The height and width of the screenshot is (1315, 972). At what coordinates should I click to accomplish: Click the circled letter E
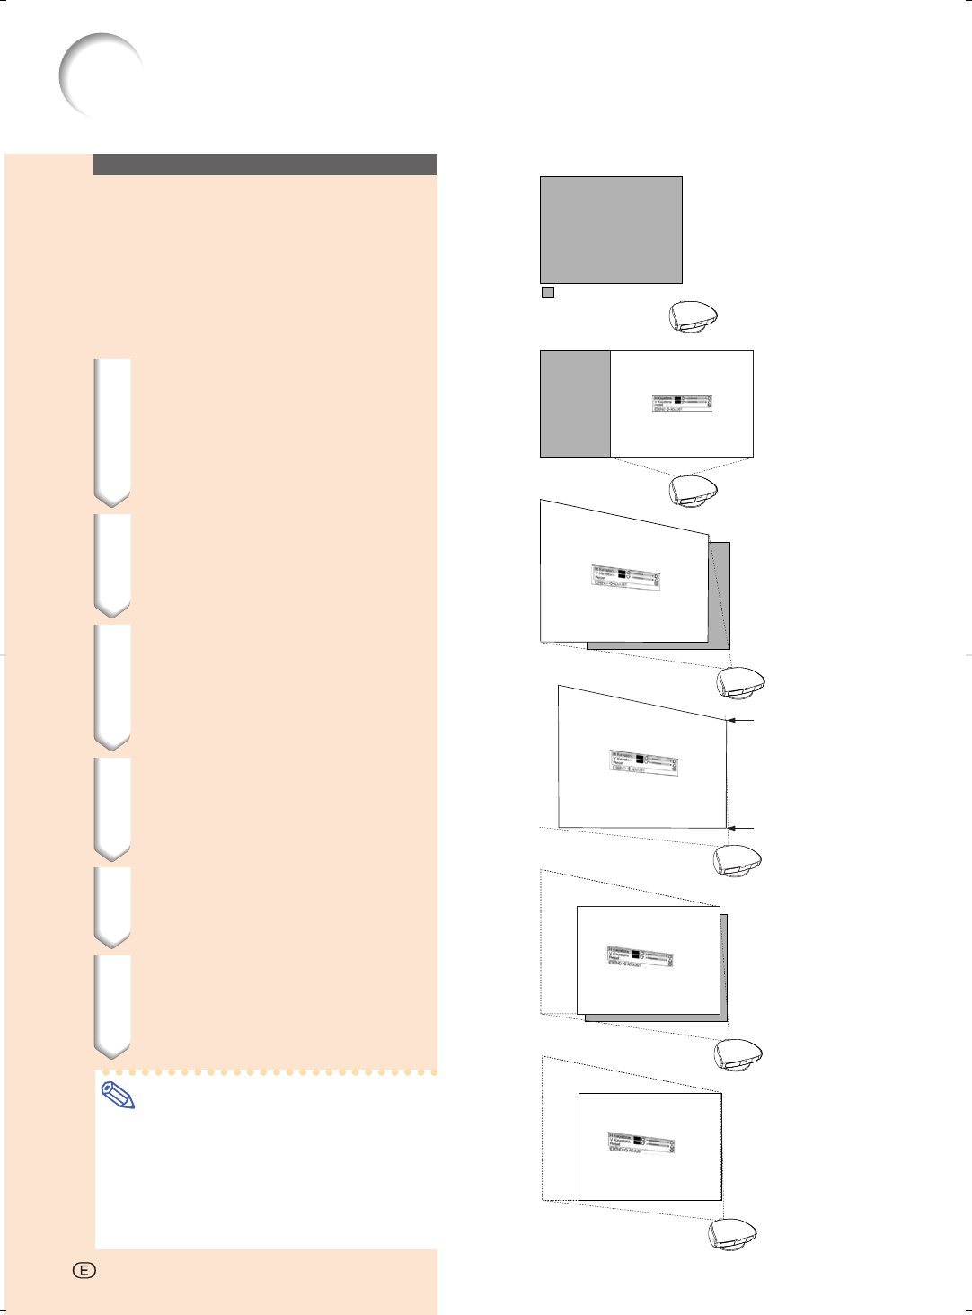coord(84,1270)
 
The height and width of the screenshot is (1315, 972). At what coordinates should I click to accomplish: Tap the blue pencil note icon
coord(119,1096)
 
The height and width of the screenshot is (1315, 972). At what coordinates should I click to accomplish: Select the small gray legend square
coord(548,292)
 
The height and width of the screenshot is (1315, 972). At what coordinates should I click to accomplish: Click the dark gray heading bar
coord(265,164)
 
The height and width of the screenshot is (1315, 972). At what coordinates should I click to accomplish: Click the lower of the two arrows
coord(741,828)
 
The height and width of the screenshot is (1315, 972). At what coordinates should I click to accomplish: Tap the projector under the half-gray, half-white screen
coord(694,491)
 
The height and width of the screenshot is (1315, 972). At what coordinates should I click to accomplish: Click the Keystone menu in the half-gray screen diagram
coord(683,404)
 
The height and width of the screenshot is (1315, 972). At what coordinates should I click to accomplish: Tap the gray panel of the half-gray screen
coord(575,404)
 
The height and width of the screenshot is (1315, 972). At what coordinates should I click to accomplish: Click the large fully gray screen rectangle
coord(611,230)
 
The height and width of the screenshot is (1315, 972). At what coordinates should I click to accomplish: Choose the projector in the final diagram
coord(734,1234)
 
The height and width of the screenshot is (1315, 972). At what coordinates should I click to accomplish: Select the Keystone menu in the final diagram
coord(641,1142)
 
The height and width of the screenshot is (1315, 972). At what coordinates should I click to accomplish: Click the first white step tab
coord(112,431)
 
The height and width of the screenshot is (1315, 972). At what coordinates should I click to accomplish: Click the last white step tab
coord(112,1005)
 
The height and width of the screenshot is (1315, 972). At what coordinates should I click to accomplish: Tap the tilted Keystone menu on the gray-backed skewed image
coord(626,576)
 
